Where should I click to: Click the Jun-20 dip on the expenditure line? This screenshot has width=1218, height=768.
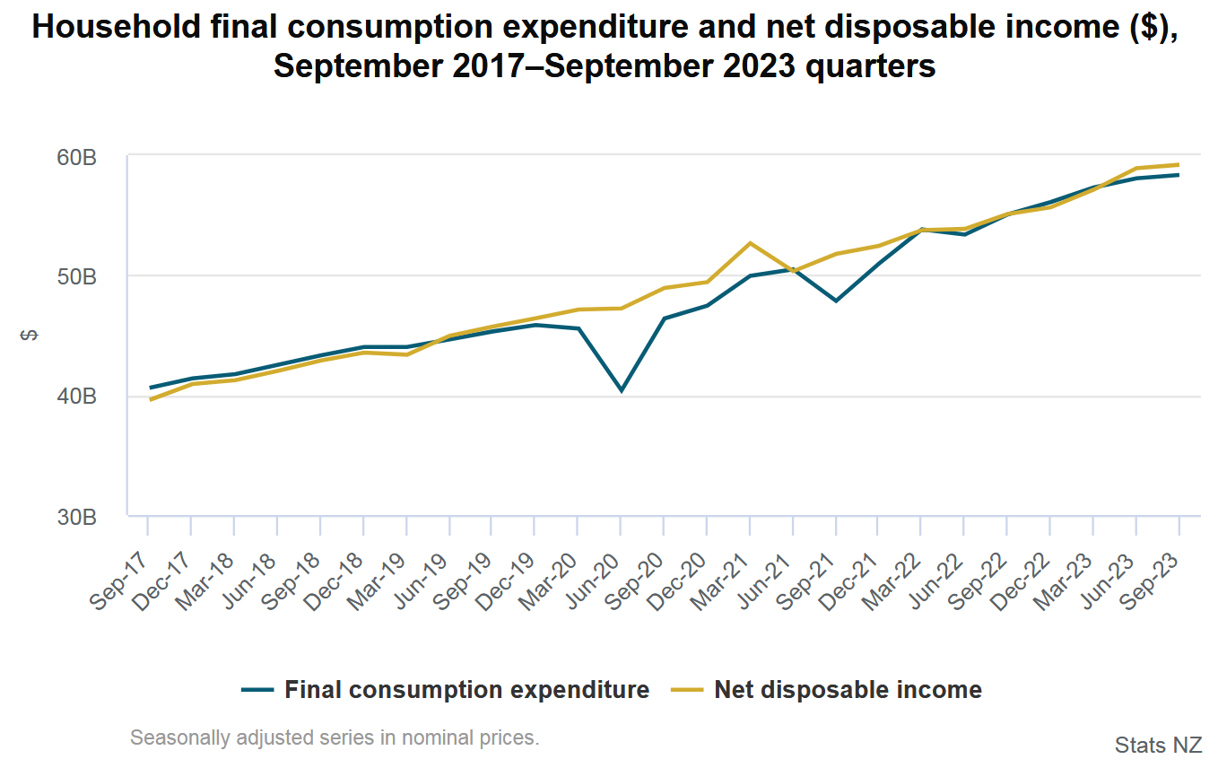[621, 390]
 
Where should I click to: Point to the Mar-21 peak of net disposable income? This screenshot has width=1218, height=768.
[750, 243]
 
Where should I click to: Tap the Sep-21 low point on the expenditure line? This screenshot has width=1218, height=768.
[836, 301]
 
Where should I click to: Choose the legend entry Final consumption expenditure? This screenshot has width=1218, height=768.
[446, 690]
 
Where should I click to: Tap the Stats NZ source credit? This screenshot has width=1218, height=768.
[1158, 745]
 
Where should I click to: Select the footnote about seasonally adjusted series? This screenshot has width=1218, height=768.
[335, 738]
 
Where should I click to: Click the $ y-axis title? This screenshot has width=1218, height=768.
[30, 336]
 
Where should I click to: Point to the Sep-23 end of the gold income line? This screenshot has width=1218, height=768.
[1179, 165]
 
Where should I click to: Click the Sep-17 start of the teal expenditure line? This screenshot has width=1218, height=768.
[149, 388]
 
